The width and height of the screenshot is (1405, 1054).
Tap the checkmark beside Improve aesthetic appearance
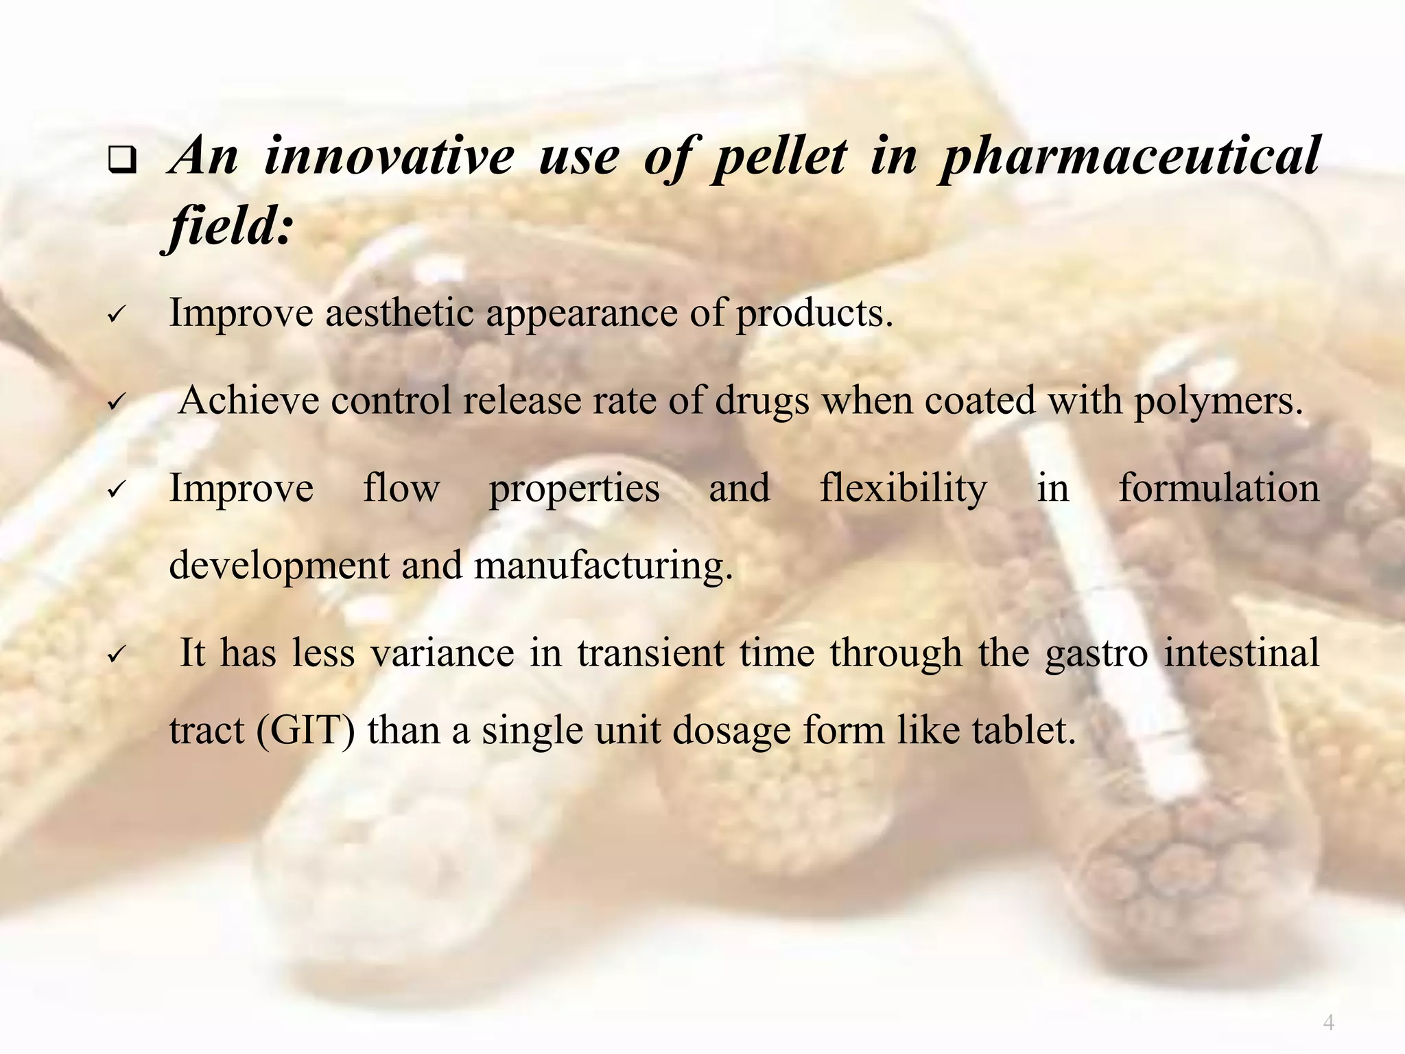coord(115,317)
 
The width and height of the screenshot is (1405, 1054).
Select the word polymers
coord(1218,401)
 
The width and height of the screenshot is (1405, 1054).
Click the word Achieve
coord(248,401)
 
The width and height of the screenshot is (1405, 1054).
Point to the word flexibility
coord(903,489)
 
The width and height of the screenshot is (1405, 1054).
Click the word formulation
coord(1218,489)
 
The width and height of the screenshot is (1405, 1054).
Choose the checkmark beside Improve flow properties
coord(115,491)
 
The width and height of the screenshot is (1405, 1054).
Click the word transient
coord(650,653)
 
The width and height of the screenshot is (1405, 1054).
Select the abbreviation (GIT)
coord(306,731)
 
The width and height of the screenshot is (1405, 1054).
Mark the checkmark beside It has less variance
coord(115,655)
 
